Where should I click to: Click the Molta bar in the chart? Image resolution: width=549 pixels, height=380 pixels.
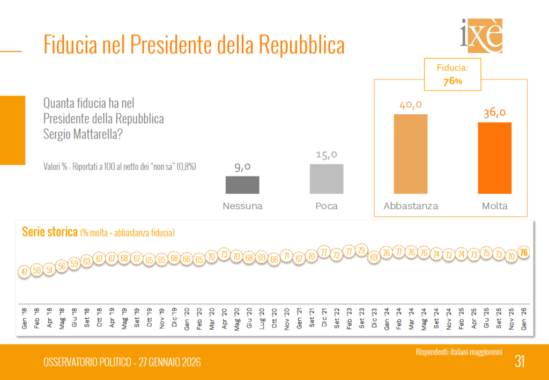click(494, 158)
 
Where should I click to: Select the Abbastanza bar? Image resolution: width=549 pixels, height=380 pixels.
click(411, 154)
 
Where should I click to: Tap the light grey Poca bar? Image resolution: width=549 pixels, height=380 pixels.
click(327, 179)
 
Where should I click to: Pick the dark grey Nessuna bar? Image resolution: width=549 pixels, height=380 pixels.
click(242, 185)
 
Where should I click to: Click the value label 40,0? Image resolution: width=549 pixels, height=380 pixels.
click(411, 104)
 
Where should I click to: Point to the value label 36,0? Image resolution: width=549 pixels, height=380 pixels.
click(494, 113)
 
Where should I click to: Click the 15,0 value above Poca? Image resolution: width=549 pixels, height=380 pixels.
click(327, 155)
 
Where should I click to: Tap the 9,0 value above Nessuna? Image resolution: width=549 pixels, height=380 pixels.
click(242, 167)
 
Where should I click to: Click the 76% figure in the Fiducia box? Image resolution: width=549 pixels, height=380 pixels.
click(452, 81)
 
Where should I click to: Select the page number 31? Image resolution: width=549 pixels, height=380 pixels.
click(519, 362)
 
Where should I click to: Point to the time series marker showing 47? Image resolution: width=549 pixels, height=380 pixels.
click(24, 272)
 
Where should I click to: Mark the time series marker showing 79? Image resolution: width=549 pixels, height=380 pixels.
click(361, 251)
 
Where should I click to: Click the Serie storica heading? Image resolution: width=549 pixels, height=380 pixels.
click(49, 232)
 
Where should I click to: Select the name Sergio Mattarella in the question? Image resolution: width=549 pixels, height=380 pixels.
click(83, 134)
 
